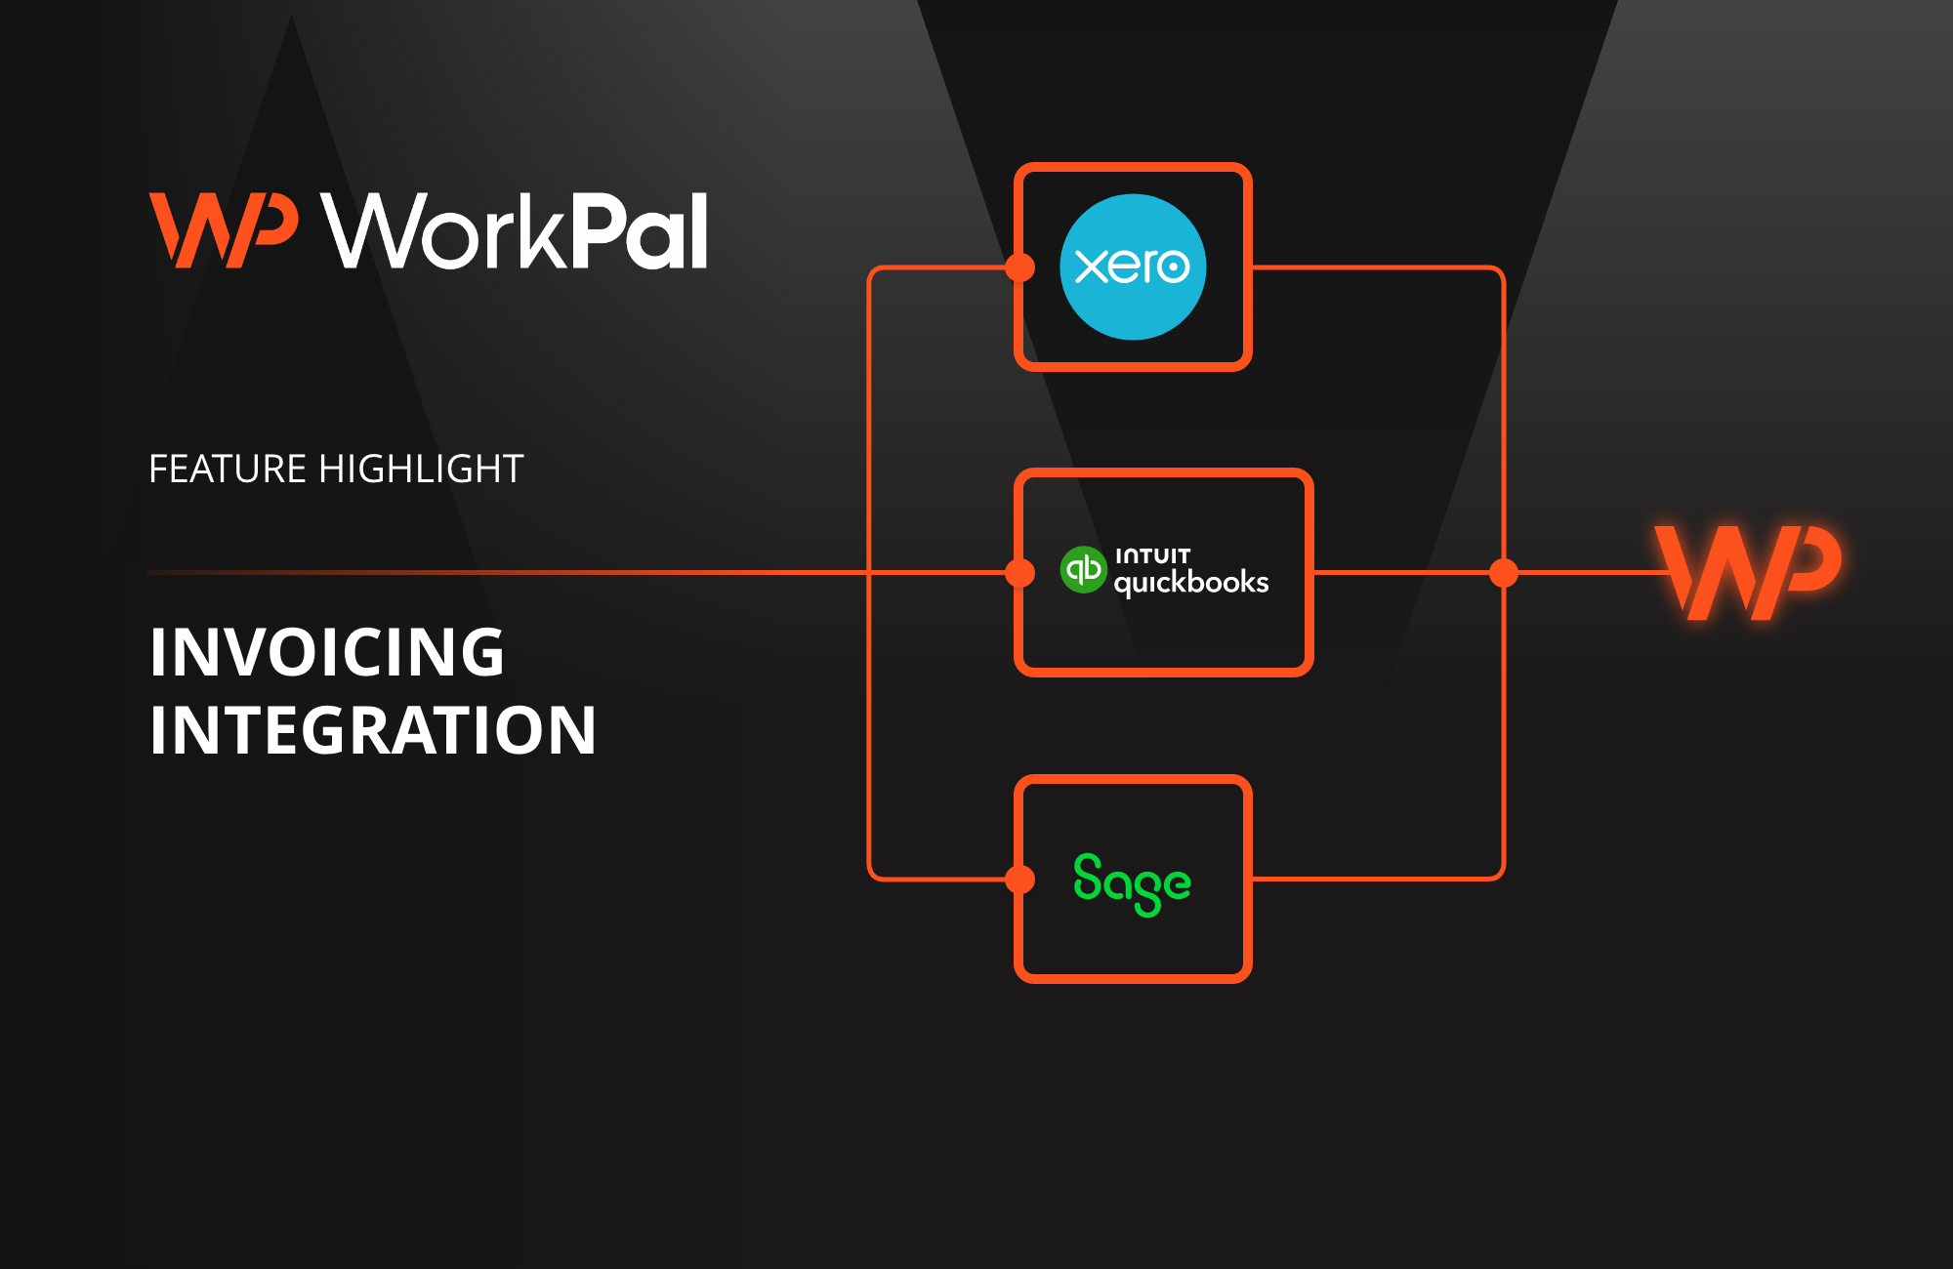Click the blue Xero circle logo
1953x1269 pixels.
1133,266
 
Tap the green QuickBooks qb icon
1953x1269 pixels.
1083,569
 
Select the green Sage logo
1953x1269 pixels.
1132,883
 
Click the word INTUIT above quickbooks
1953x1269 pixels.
1152,555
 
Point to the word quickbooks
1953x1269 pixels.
1190,583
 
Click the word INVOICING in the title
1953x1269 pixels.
327,652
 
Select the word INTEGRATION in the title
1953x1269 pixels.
372,730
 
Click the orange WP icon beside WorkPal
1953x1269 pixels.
223,230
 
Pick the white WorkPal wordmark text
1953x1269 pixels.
516,231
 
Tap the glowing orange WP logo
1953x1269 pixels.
1748,572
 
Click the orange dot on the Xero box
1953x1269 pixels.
1020,267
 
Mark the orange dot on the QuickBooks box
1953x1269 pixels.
1020,573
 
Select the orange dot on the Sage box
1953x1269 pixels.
1020,880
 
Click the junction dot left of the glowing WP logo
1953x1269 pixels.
1504,573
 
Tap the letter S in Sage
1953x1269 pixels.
1088,877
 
